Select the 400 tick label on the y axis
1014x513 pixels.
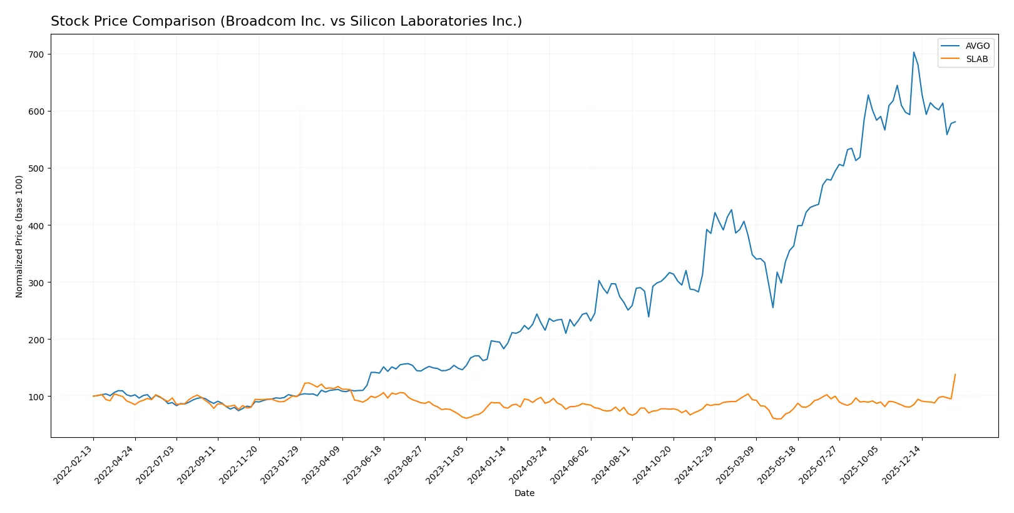tap(36, 225)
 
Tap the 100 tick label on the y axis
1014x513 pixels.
tap(36, 396)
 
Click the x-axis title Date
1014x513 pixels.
tap(524, 493)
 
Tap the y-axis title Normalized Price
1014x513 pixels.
tap(19, 236)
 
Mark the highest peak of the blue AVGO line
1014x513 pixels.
tap(913, 52)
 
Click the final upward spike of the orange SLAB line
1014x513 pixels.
tap(955, 375)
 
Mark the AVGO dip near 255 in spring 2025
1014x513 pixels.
tap(773, 307)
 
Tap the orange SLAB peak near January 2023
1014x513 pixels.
tap(306, 383)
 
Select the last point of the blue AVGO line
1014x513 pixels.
tap(955, 122)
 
